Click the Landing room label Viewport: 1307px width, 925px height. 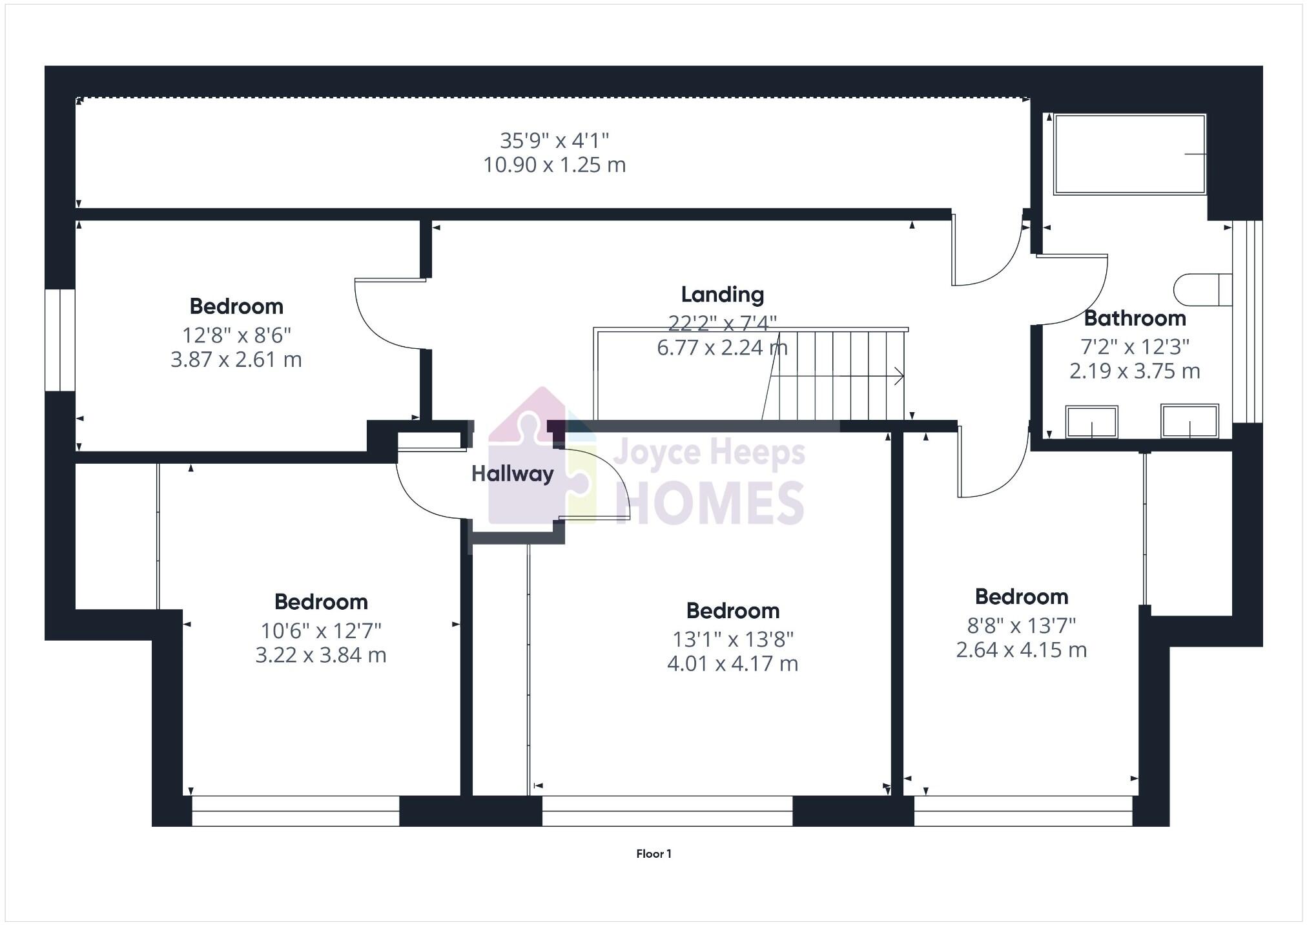point(723,295)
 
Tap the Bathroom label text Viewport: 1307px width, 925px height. point(1135,318)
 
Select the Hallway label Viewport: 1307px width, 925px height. point(512,474)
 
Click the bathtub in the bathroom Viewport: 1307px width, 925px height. point(1129,154)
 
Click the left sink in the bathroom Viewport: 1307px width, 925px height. point(1091,422)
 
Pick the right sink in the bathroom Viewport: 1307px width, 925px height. point(1189,421)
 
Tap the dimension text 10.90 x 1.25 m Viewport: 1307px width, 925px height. point(555,165)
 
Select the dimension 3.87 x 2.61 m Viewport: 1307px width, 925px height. point(236,360)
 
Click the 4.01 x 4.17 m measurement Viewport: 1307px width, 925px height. point(732,664)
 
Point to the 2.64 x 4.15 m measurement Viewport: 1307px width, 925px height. point(1021,650)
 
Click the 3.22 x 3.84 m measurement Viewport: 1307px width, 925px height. point(321,656)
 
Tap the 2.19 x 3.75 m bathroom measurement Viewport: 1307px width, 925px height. point(1135,371)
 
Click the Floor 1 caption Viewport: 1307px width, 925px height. point(653,854)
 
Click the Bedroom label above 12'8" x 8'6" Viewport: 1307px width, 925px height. point(236,306)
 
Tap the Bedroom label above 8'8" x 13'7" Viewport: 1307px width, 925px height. point(1021,597)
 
